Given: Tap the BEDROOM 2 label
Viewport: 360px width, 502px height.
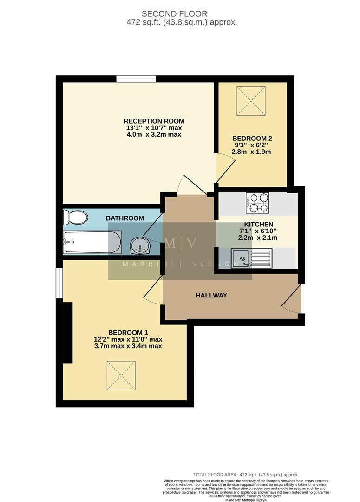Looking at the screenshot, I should click(x=252, y=138).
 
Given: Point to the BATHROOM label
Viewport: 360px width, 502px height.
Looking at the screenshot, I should click(x=124, y=218).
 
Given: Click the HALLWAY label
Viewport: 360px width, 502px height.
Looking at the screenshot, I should click(x=211, y=295).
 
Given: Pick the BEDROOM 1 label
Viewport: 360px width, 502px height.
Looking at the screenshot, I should click(x=128, y=332).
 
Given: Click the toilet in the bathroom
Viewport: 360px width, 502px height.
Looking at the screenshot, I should click(x=76, y=217).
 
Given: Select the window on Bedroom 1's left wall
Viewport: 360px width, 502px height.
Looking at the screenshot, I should click(x=59, y=283).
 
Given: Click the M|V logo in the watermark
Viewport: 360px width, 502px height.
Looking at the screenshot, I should click(x=180, y=242).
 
